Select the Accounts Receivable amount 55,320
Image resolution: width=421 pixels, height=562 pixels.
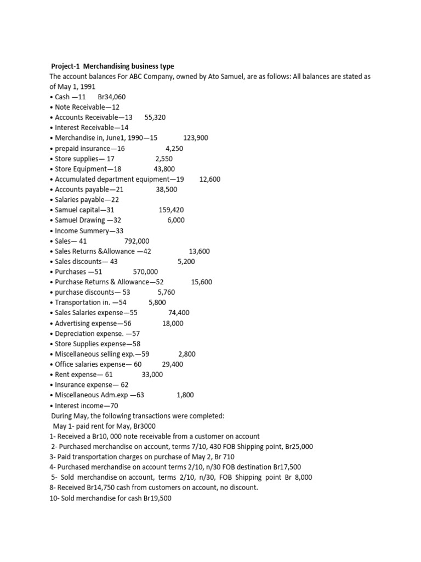click(x=155, y=117)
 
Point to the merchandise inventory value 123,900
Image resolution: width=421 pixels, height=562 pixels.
click(x=196, y=138)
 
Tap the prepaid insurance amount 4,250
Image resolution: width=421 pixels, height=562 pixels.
click(x=174, y=148)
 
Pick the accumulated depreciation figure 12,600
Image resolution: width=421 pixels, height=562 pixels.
click(x=210, y=179)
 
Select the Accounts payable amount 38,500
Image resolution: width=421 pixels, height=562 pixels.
click(x=167, y=189)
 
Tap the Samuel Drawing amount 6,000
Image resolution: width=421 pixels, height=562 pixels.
click(x=176, y=220)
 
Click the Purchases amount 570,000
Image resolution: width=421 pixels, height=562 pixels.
click(x=145, y=272)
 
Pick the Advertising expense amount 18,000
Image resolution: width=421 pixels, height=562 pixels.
click(x=173, y=323)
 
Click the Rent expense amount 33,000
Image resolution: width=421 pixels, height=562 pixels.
click(x=152, y=374)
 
